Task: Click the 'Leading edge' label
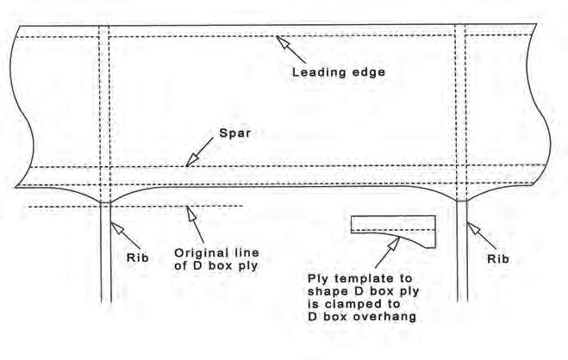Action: coord(338,72)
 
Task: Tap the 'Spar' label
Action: coord(234,135)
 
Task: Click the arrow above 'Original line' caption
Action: coord(194,224)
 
